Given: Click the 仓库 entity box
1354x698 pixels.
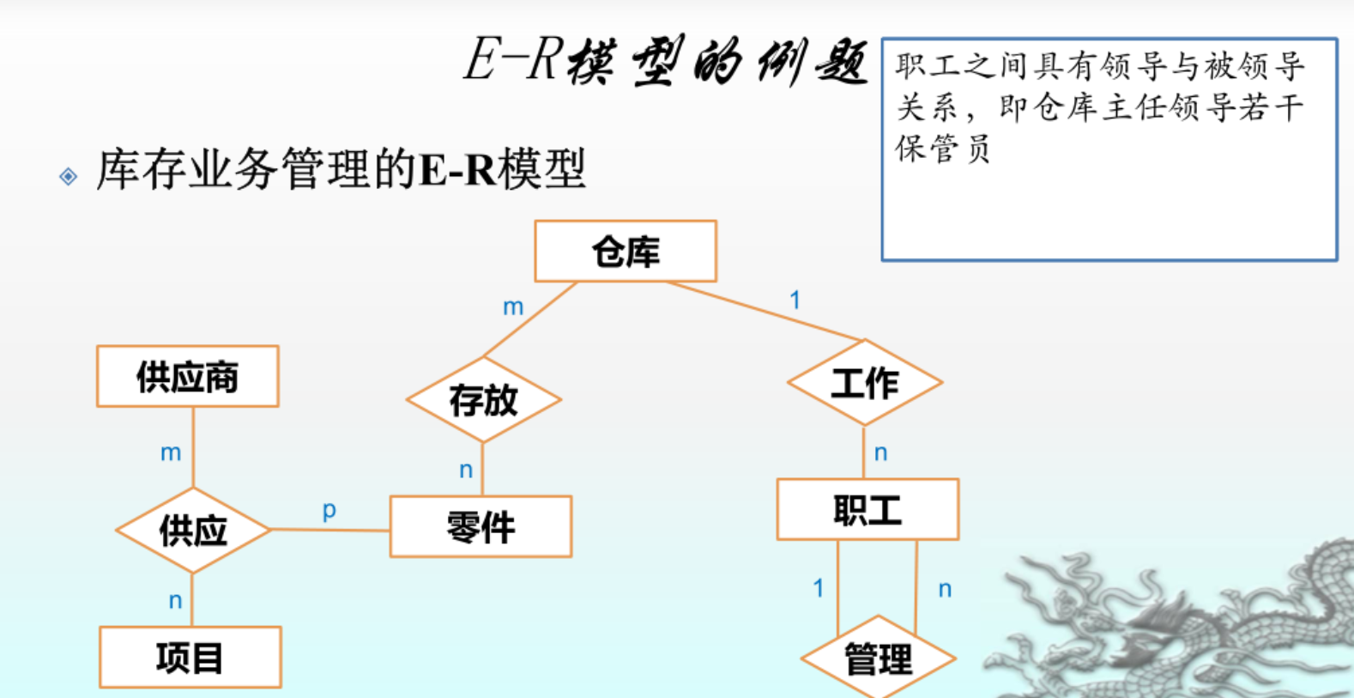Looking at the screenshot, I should tap(626, 252).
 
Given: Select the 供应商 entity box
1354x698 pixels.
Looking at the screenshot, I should tap(188, 377).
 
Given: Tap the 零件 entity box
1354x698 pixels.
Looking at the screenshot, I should tap(481, 526).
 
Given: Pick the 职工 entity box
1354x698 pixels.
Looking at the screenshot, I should tap(867, 509).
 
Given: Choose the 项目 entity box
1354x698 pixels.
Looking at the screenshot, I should tap(190, 658).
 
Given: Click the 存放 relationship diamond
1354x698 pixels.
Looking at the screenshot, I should tap(483, 400).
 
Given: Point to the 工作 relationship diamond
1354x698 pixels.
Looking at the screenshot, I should tap(865, 383).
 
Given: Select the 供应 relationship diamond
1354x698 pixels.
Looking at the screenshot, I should tap(193, 531).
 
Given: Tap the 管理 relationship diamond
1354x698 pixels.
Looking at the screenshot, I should tap(878, 659).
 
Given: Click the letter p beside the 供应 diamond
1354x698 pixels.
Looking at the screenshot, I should tap(329, 510).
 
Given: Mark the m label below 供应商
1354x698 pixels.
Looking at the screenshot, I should tap(171, 452).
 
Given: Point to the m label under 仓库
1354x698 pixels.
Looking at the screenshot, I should tap(513, 307).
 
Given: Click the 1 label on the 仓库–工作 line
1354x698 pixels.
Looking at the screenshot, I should tap(795, 300).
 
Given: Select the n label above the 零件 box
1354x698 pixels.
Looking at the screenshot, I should tap(466, 470).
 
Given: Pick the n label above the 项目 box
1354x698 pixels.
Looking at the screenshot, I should tap(175, 600).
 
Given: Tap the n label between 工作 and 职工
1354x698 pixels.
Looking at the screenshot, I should tap(880, 452).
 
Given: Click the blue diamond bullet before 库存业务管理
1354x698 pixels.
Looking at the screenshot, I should tap(69, 177).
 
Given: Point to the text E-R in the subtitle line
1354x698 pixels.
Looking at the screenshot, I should tap(457, 169).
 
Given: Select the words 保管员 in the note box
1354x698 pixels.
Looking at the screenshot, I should tap(943, 148).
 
